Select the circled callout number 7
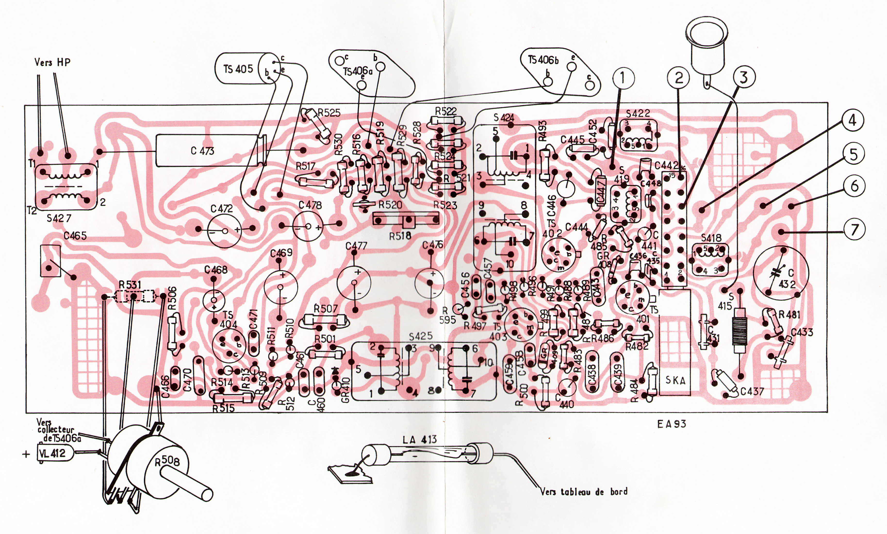855,229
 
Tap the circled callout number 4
853,120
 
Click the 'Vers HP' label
52,62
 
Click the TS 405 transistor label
238,68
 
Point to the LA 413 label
419,439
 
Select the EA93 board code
672,424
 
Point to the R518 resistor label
400,236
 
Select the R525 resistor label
329,113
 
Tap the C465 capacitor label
75,236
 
